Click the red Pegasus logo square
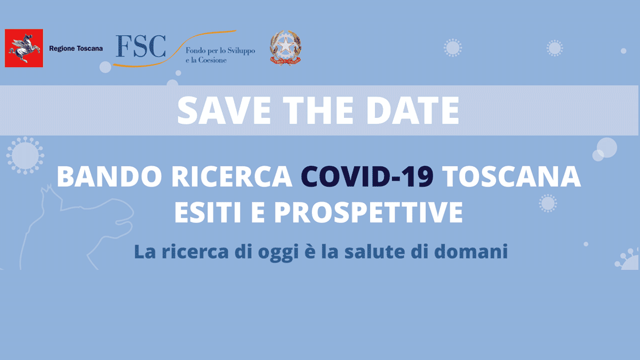coord(24,48)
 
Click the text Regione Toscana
coord(76,49)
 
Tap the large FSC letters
coord(141,46)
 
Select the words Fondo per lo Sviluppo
coord(220,51)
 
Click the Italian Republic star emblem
coord(285,47)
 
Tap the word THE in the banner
coord(318,110)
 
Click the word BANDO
coord(109,177)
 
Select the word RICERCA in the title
coord(231,177)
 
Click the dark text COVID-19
coord(367,177)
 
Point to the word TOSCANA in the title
coord(511,177)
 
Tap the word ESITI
coord(207,212)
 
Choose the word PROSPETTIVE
coord(369,212)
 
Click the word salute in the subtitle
coord(374,251)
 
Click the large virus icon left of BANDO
coord(25,155)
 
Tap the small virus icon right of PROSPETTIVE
coord(548,203)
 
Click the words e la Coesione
coord(206,60)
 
